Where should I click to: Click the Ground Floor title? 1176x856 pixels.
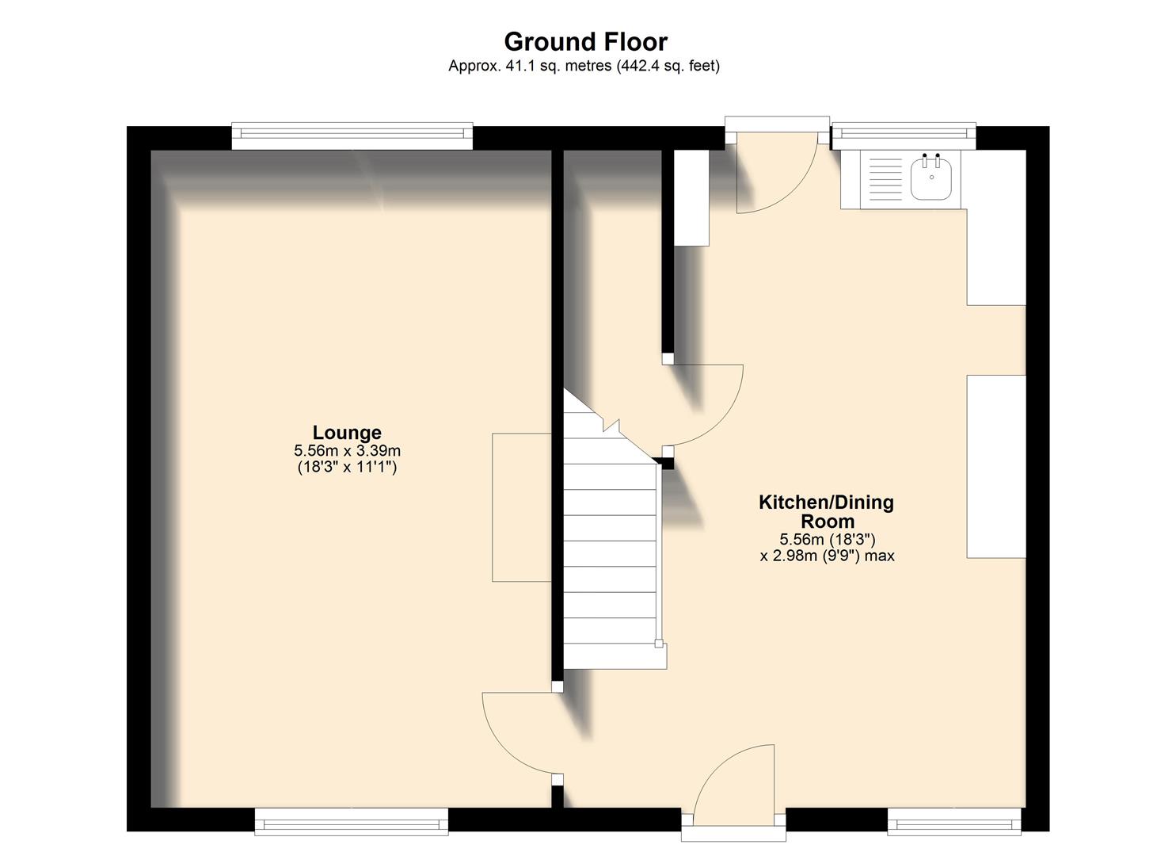[585, 41]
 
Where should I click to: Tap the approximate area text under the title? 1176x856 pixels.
[584, 67]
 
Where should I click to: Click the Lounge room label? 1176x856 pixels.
[347, 433]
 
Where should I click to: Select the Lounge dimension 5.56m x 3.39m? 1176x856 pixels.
[347, 451]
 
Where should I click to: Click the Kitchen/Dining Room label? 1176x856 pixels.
[826, 511]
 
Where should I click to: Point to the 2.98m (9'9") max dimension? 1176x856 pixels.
[827, 556]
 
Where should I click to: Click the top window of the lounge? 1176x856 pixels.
[352, 136]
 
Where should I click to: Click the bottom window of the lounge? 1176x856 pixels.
[351, 821]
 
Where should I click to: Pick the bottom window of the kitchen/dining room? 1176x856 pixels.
[953, 821]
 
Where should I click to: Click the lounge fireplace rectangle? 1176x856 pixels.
[521, 507]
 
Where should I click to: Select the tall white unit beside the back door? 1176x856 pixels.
[691, 197]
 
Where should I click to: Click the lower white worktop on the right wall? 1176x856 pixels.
[995, 466]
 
